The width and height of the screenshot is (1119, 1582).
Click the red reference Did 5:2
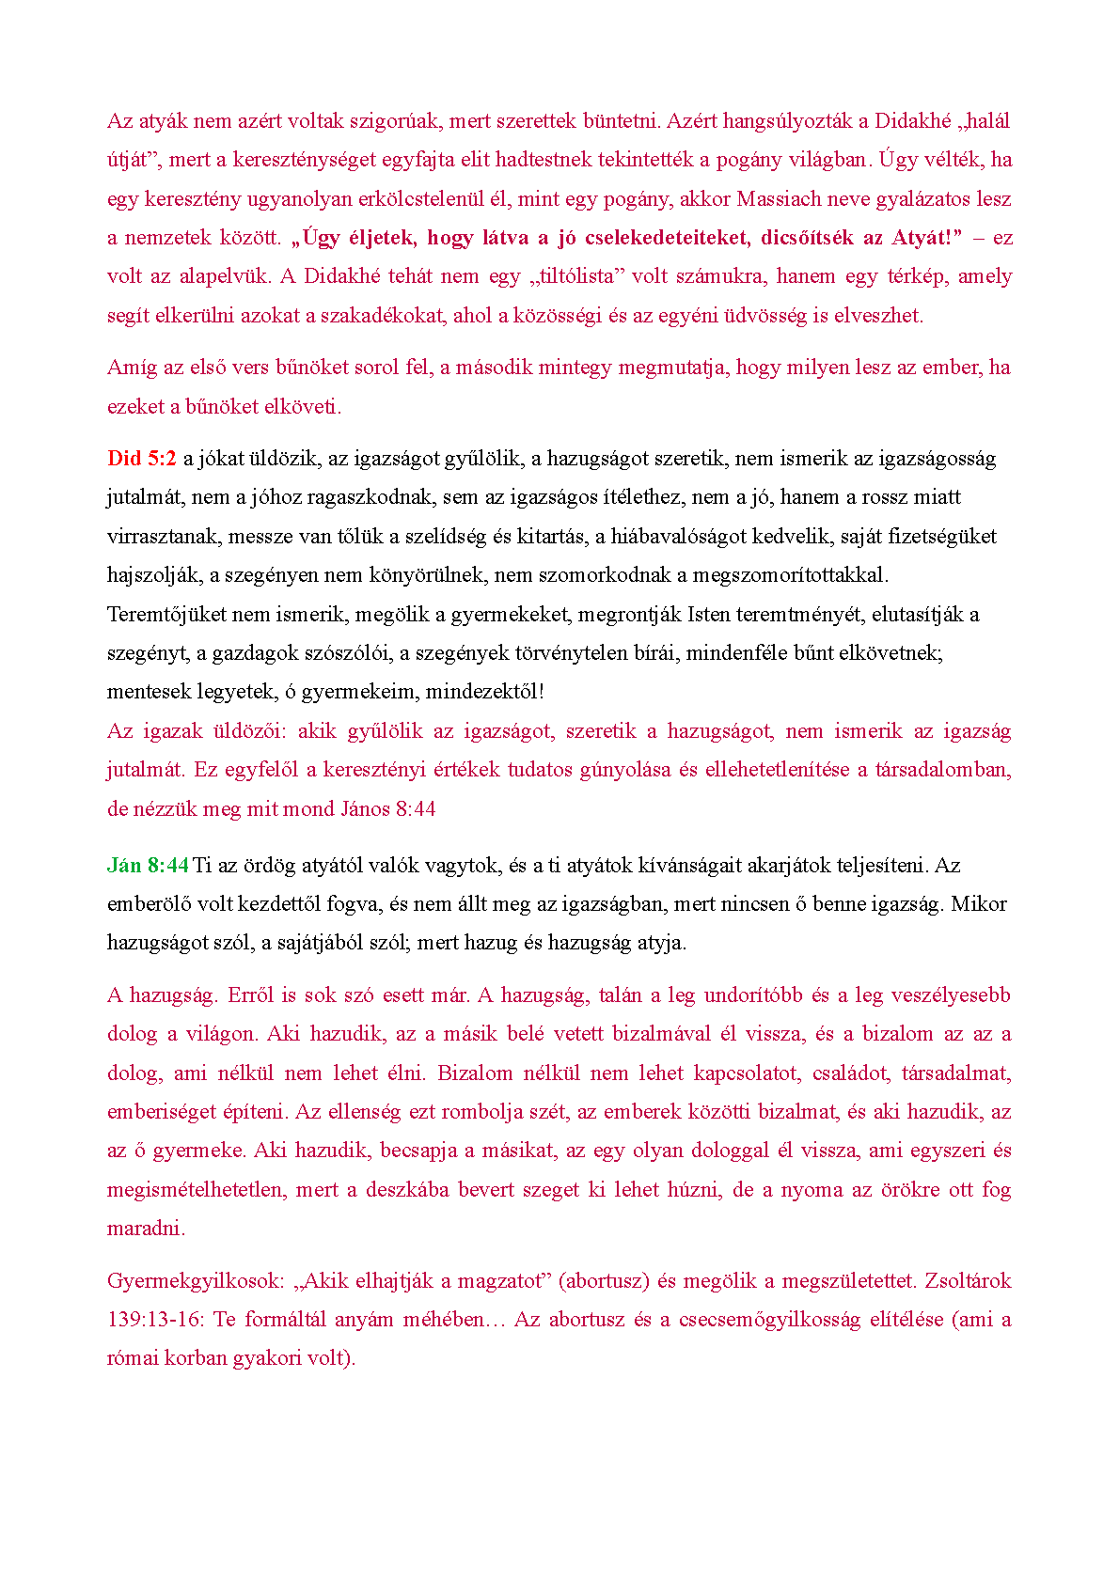point(142,459)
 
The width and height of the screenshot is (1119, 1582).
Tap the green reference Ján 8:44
point(148,865)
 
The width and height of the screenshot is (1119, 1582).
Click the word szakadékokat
point(382,316)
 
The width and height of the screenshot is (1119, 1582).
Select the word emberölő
point(150,904)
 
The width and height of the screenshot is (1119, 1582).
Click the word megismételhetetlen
point(195,1190)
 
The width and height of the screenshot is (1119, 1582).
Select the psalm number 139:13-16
point(155,1320)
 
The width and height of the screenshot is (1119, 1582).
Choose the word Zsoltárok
point(968,1280)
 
